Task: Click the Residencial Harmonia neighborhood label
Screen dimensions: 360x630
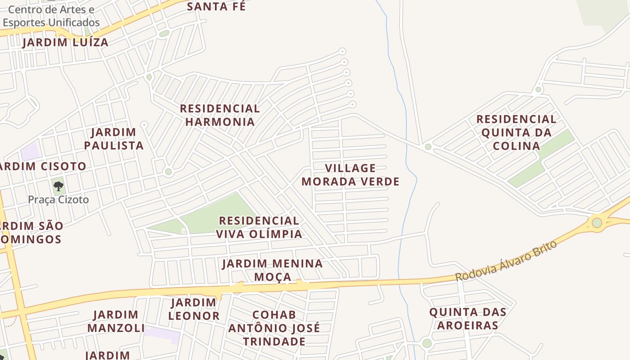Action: click(x=220, y=115)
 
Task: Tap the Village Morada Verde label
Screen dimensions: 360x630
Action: click(x=350, y=175)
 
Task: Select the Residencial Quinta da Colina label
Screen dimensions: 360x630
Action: click(x=516, y=132)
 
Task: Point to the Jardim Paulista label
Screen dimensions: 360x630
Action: click(x=113, y=139)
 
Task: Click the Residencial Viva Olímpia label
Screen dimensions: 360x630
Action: click(x=259, y=227)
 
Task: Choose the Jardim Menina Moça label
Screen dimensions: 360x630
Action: click(x=272, y=270)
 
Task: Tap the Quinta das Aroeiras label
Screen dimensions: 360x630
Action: click(x=468, y=319)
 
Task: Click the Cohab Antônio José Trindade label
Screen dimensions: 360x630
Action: click(x=274, y=328)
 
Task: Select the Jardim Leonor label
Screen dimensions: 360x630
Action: click(x=194, y=309)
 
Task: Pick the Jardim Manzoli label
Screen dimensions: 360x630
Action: click(x=116, y=321)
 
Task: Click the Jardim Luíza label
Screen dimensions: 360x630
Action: click(x=65, y=43)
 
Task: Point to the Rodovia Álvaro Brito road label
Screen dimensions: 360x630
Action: click(x=506, y=261)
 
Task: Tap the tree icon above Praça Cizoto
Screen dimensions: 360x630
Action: click(x=58, y=186)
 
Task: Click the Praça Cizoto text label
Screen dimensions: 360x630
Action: click(x=58, y=200)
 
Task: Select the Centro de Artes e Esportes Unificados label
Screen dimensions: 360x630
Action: click(x=51, y=16)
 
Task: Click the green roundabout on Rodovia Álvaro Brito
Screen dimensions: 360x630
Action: click(x=597, y=222)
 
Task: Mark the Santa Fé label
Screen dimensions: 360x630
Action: click(x=216, y=7)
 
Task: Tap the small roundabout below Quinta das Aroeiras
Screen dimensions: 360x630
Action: click(x=427, y=343)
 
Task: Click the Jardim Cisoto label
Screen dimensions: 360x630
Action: click(x=43, y=166)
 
